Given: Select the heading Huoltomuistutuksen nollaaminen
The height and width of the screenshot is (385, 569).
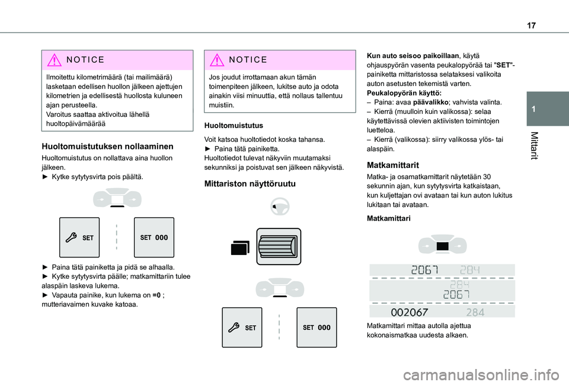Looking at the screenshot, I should [x=107, y=145].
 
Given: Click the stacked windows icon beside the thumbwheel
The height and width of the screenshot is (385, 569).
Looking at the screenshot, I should [x=240, y=247].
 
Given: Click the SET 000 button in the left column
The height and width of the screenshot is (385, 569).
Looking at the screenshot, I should [x=154, y=237].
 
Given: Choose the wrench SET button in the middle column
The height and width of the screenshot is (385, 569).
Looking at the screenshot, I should [x=242, y=327].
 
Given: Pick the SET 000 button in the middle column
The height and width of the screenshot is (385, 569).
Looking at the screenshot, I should [x=316, y=327].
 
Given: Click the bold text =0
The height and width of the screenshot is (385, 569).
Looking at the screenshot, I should [x=157, y=295].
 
